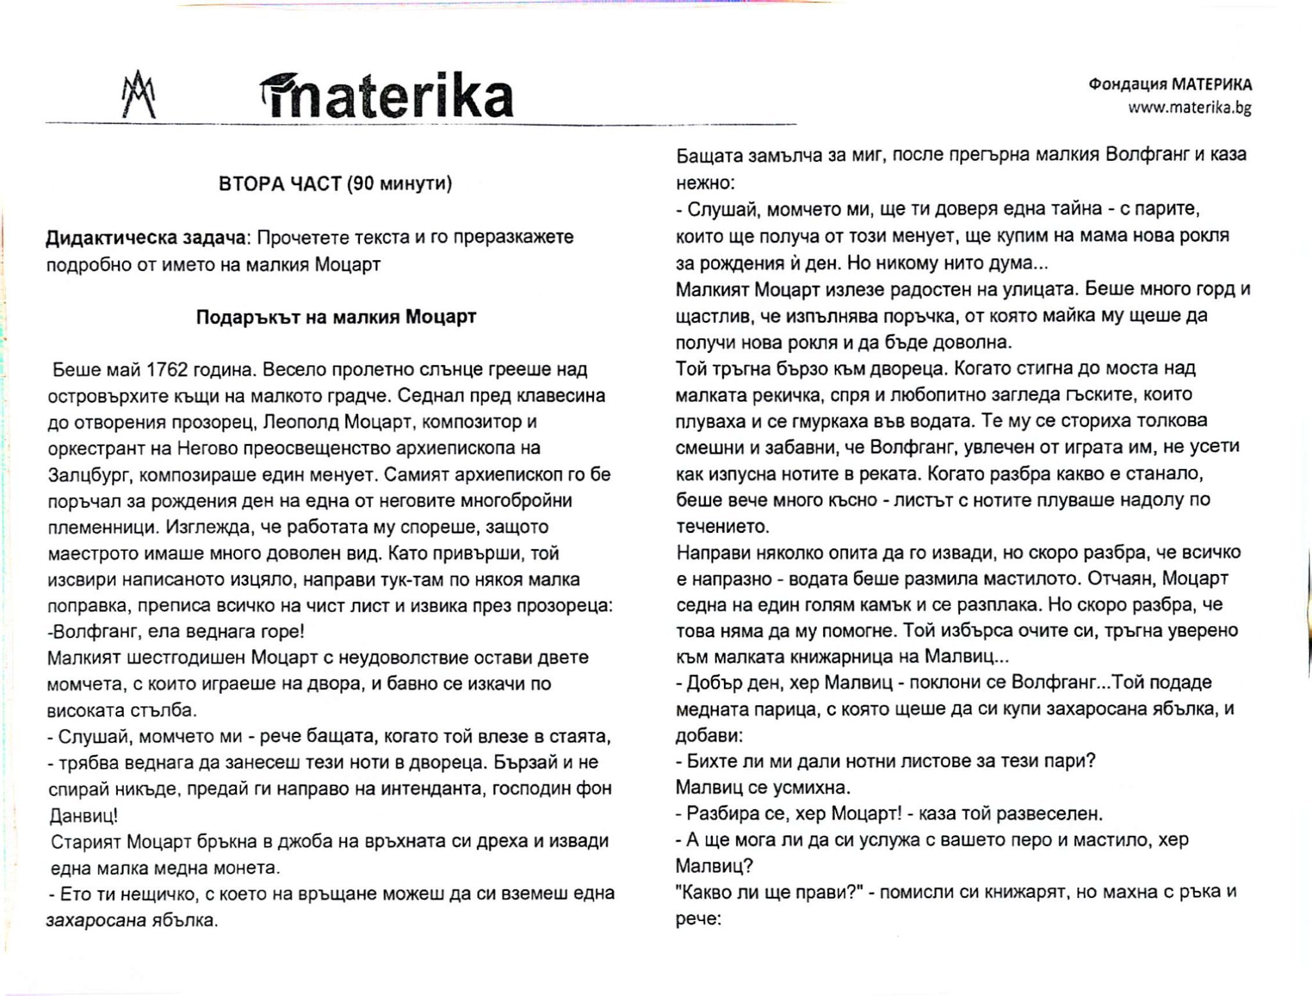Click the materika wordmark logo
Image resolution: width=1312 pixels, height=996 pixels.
pyautogui.click(x=387, y=97)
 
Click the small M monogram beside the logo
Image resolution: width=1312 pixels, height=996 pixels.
pyautogui.click(x=139, y=95)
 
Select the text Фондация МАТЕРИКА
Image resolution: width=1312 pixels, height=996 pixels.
pyautogui.click(x=1170, y=85)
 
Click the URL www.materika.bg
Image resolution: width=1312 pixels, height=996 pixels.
pyautogui.click(x=1190, y=108)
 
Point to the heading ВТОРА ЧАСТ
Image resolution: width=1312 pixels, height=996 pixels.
pyautogui.click(x=280, y=184)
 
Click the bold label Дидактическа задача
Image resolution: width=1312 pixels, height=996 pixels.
pyautogui.click(x=145, y=238)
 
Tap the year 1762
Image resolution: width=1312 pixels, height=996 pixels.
pyautogui.click(x=167, y=370)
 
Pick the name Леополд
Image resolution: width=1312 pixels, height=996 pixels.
pyautogui.click(x=300, y=422)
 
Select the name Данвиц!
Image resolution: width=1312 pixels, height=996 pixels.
pyautogui.click(x=84, y=815)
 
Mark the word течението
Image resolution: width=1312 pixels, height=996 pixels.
pyautogui.click(x=723, y=527)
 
